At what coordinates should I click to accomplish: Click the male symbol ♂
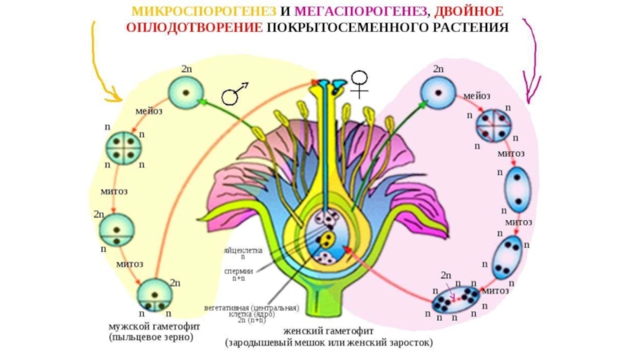(x=234, y=93)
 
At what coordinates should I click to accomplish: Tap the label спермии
(x=242, y=270)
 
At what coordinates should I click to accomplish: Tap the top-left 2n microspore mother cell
(x=185, y=93)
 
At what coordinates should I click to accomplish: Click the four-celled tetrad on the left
(x=124, y=148)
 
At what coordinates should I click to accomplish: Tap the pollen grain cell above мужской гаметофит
(x=154, y=295)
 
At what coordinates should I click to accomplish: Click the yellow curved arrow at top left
(x=101, y=64)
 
